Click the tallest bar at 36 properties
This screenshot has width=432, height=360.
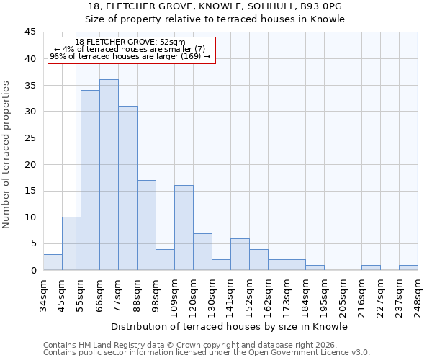pyautogui.click(x=109, y=175)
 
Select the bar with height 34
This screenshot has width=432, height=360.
pyautogui.click(x=90, y=180)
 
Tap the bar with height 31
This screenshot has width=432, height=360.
pyautogui.click(x=127, y=188)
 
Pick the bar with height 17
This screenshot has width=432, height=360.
pyautogui.click(x=146, y=225)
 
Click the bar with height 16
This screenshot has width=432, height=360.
pyautogui.click(x=184, y=228)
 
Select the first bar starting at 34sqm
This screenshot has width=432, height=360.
pyautogui.click(x=53, y=262)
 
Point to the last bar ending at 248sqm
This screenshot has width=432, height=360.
pyautogui.click(x=408, y=268)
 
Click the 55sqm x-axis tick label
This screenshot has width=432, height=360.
pyautogui.click(x=81, y=294)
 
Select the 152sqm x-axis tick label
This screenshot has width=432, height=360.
pyautogui.click(x=250, y=296)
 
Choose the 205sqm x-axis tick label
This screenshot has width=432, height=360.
pyautogui.click(x=343, y=296)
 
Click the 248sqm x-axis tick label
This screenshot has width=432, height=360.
pyautogui.click(x=418, y=296)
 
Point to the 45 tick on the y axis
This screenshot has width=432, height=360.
pyautogui.click(x=30, y=32)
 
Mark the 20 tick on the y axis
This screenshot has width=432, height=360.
pyautogui.click(x=30, y=164)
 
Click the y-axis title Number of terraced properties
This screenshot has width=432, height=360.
pyautogui.click(x=7, y=154)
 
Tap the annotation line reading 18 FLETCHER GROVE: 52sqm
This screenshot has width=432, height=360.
pyautogui.click(x=130, y=42)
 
